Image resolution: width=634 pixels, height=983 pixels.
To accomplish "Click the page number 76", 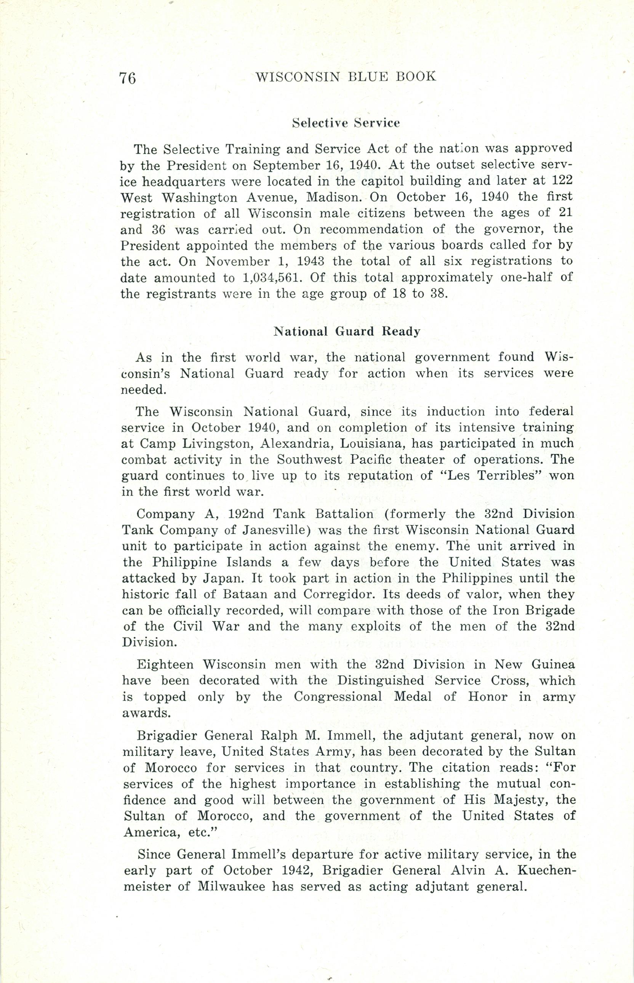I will [128, 77].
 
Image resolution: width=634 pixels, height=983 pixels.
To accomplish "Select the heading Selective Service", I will [346, 123].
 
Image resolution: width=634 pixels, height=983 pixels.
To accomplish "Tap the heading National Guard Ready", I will [347, 331].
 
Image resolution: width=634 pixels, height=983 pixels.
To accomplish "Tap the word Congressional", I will [338, 696].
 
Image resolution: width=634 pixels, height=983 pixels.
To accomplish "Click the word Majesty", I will [520, 800].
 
